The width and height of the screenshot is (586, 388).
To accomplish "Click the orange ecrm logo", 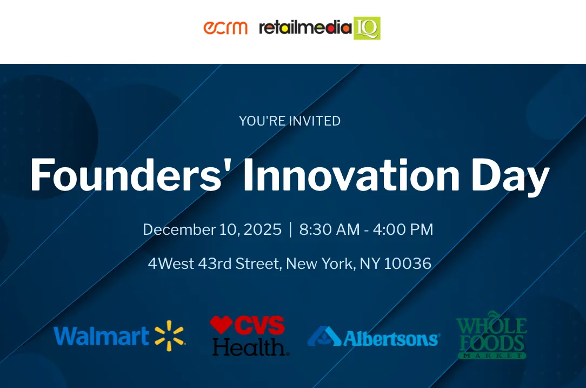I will click(225, 28).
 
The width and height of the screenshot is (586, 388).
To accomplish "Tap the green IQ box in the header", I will click(367, 28).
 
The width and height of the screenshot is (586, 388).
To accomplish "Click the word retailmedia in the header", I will click(305, 28).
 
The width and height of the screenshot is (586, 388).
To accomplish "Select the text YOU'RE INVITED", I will click(290, 121).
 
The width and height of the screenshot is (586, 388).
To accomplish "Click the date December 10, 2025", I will click(212, 229).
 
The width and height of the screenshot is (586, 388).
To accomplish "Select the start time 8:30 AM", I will click(329, 229).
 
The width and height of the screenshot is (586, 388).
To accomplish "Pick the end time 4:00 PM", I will click(403, 229).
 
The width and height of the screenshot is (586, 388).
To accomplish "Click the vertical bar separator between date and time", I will click(290, 229).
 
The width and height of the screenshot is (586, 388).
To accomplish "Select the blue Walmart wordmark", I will click(101, 336).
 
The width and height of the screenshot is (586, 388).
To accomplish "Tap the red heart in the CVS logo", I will click(221, 325).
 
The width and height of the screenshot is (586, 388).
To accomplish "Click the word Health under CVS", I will click(250, 346).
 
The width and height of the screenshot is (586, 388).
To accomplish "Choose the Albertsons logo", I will click(373, 337).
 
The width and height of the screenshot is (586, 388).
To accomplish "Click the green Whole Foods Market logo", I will click(491, 334).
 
